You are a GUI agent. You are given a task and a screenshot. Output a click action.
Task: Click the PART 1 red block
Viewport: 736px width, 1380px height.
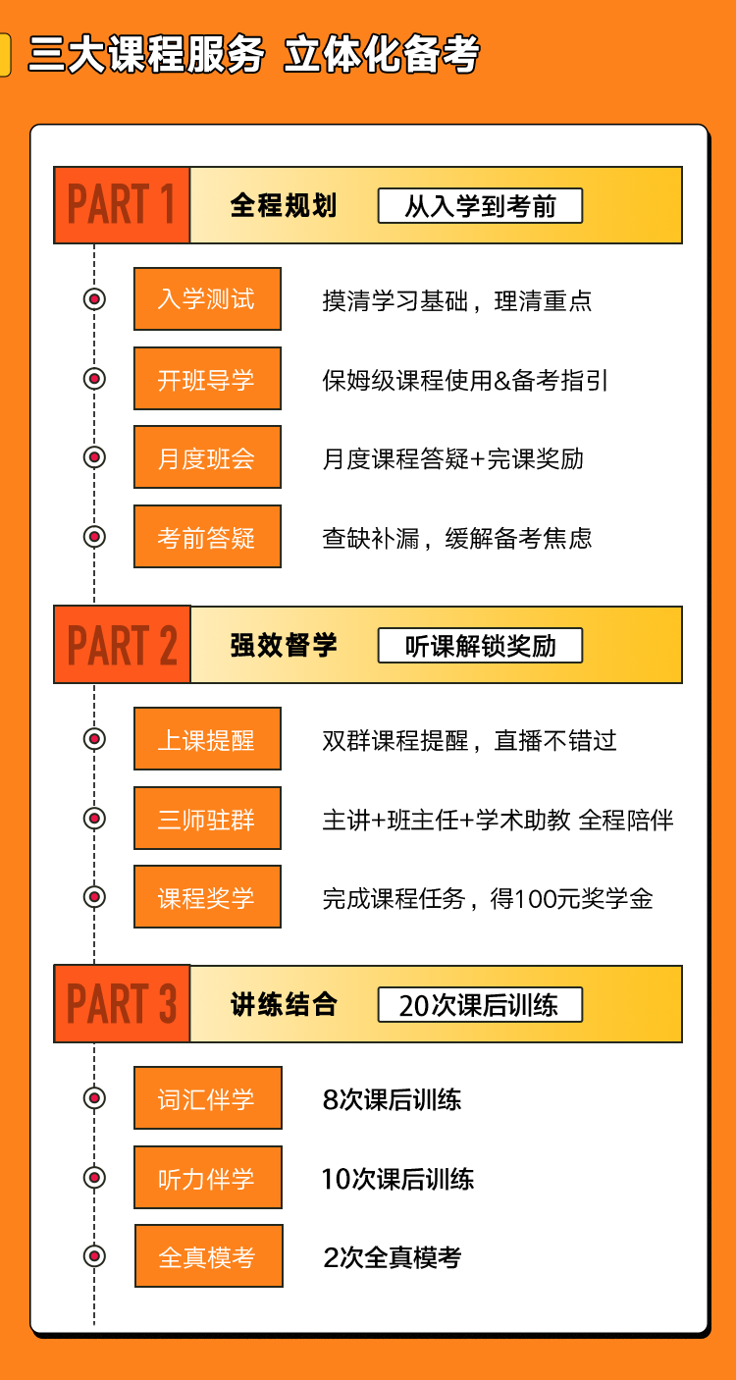point(122,205)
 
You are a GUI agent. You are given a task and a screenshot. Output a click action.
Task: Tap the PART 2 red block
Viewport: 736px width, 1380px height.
point(122,645)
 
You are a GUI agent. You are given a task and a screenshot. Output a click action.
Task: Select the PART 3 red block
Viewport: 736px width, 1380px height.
point(122,1003)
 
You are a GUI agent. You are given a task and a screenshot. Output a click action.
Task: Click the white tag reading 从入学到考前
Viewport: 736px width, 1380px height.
point(480,206)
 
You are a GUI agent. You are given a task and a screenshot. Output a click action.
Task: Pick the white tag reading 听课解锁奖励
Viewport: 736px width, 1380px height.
point(480,646)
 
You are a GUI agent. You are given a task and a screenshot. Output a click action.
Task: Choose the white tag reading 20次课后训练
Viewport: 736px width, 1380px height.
point(480,1005)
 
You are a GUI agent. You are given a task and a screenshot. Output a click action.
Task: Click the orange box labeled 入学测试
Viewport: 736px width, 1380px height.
point(208,298)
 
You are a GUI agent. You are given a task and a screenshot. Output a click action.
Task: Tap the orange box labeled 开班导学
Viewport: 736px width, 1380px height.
point(208,378)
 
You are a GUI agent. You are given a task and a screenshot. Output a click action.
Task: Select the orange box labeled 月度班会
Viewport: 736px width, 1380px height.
point(208,457)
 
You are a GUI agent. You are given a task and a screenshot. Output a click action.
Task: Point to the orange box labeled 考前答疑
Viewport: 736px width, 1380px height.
point(208,537)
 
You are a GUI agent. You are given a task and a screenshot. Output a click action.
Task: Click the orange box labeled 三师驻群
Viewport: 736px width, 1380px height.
point(208,819)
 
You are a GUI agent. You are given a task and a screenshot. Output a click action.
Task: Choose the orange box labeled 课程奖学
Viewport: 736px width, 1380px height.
point(208,897)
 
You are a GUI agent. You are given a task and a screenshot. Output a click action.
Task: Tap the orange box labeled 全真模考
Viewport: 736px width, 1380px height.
point(209,1256)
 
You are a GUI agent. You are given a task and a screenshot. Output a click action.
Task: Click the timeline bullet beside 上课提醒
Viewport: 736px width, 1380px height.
point(94,739)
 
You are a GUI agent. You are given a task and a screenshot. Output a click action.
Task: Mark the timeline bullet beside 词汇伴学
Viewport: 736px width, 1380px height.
point(94,1098)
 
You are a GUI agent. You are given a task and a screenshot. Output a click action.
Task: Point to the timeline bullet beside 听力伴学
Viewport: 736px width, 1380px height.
point(94,1177)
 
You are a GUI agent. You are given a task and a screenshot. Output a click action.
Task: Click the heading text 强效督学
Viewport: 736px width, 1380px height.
point(284,645)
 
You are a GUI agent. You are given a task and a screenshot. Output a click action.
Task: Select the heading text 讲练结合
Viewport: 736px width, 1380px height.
point(284,1004)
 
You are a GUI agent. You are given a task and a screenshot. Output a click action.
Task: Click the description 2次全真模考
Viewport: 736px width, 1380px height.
point(393,1257)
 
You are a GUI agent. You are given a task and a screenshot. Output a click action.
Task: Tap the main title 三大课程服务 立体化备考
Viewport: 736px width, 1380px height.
point(254,54)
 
